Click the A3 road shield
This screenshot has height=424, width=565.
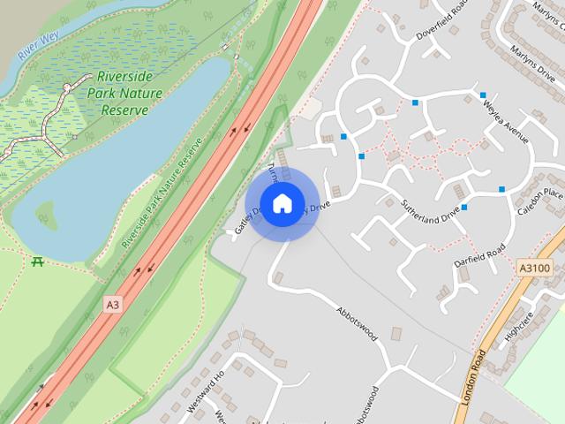[112, 304]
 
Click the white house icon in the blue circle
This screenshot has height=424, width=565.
[282, 204]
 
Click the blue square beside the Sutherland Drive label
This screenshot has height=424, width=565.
[463, 208]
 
